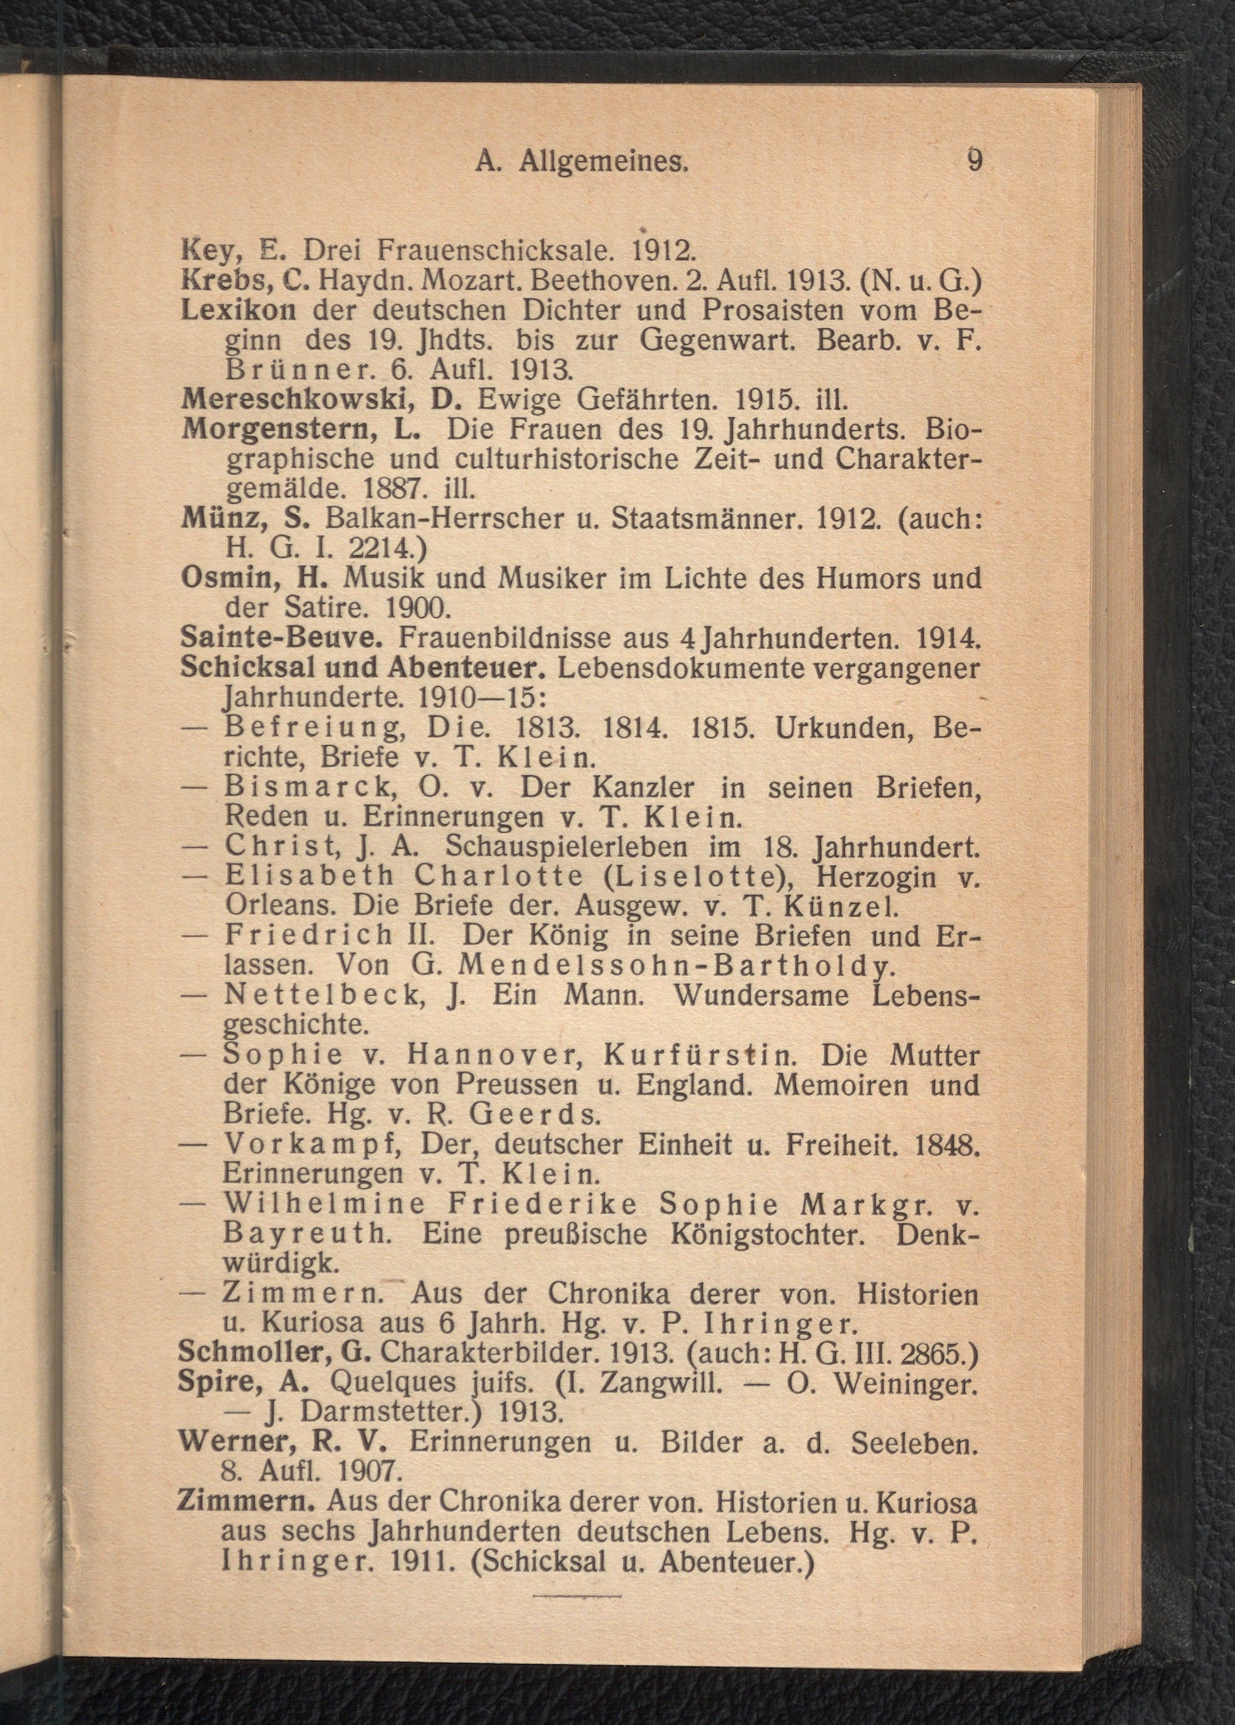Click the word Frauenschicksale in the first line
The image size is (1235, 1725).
click(x=491, y=249)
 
